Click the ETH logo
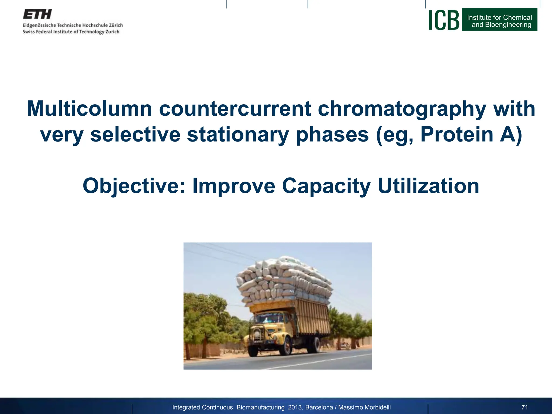click(x=37, y=14)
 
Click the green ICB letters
click(x=443, y=20)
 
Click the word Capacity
click(x=326, y=186)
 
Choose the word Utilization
click(x=428, y=186)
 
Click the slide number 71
click(x=525, y=407)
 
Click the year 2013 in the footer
click(x=295, y=407)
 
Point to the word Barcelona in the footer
click(x=319, y=407)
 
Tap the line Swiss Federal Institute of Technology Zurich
click(x=71, y=32)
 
